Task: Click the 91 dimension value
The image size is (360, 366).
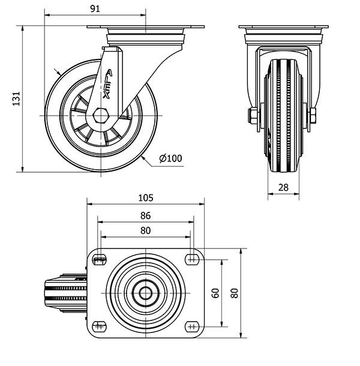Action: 95,9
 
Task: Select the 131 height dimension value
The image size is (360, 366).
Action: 16,99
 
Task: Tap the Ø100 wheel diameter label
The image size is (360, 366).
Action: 170,158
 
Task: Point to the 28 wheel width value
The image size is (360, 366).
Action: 283,187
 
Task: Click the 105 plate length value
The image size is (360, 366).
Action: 146,198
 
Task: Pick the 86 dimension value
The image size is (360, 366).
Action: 145,216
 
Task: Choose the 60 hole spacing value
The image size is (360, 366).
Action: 215,293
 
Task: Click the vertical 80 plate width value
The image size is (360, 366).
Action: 235,293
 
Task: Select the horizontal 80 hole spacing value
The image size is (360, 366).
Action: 145,230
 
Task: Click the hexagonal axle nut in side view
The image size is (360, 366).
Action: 100,115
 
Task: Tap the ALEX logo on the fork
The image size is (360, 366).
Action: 107,84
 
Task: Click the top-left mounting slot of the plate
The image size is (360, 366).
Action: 100,259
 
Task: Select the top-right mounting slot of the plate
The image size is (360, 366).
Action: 192,259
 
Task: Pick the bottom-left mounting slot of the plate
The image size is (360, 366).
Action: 100,326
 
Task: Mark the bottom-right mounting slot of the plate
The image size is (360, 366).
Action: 192,326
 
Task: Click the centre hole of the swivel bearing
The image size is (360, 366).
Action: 145,293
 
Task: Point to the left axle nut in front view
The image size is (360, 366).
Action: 253,116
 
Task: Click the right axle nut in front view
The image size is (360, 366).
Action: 313,116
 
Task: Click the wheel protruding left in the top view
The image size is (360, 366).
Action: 66,293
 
